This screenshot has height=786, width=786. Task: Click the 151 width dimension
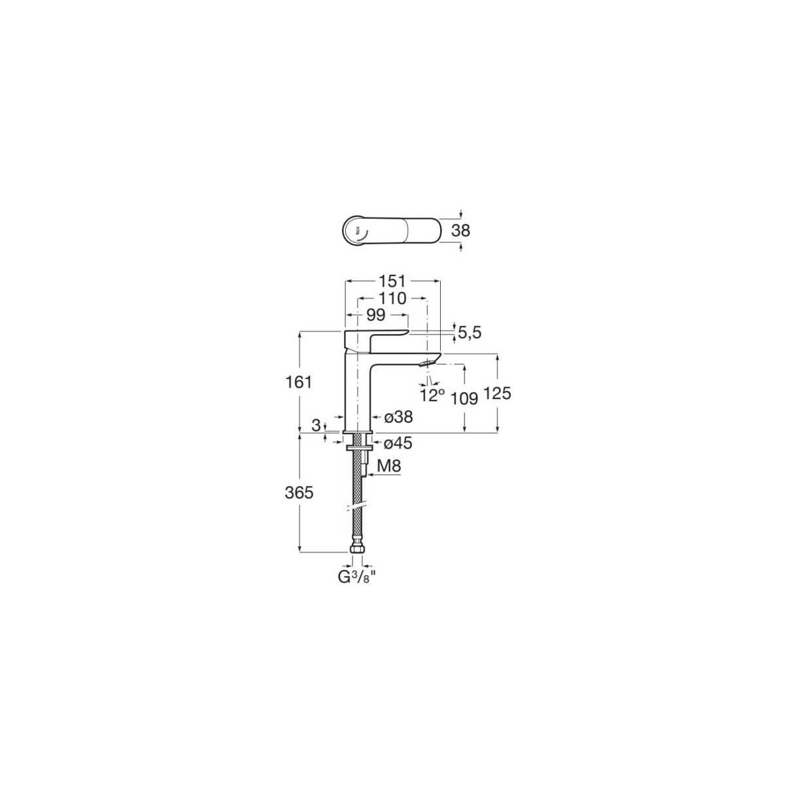tap(392, 281)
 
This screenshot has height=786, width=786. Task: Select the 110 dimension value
tap(392, 299)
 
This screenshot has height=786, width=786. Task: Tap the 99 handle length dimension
tap(375, 315)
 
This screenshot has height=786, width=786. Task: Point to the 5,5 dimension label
tap(470, 333)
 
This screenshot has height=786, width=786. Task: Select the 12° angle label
tap(433, 394)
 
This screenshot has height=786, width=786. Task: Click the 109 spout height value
tap(464, 398)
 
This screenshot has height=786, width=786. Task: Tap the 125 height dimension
tap(497, 394)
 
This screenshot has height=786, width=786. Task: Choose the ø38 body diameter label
tap(398, 417)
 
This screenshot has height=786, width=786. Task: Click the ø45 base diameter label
tap(398, 443)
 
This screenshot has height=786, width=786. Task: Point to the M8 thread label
tap(390, 467)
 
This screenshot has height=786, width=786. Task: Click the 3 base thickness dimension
tap(316, 426)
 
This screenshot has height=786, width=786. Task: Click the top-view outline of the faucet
tap(393, 231)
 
